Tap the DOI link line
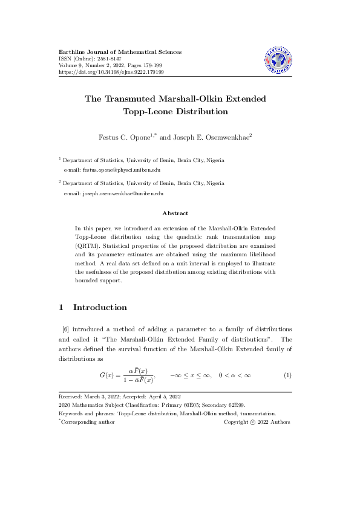(111, 72)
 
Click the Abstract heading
(175, 213)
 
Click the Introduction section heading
(100, 307)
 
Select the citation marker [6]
(66, 329)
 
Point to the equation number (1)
(287, 375)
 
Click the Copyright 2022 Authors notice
(257, 422)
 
